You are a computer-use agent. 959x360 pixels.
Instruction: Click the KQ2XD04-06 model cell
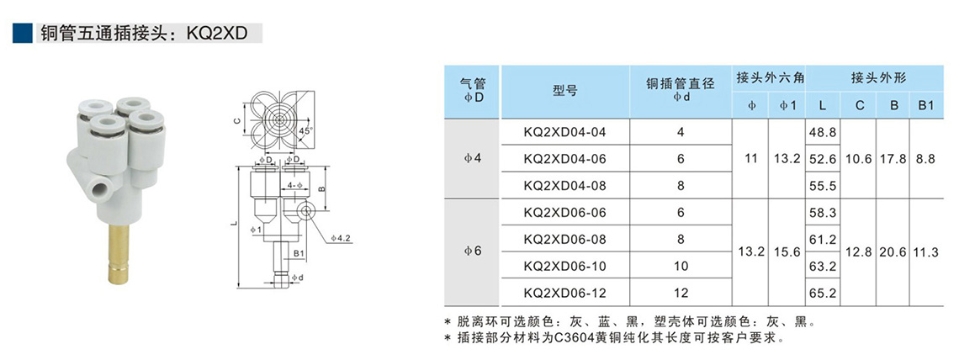[564, 158]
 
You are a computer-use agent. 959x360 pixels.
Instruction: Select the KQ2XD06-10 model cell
[564, 266]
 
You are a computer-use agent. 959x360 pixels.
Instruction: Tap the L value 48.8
[821, 133]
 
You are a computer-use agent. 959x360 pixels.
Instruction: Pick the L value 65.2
[821, 293]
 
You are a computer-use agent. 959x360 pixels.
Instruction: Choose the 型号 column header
[564, 91]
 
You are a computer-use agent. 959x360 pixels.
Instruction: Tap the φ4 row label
[474, 158]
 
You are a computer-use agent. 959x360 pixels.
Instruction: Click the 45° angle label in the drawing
[304, 132]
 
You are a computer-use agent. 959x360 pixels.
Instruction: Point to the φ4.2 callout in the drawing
[340, 238]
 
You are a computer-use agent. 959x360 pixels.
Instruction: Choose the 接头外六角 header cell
[770, 77]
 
